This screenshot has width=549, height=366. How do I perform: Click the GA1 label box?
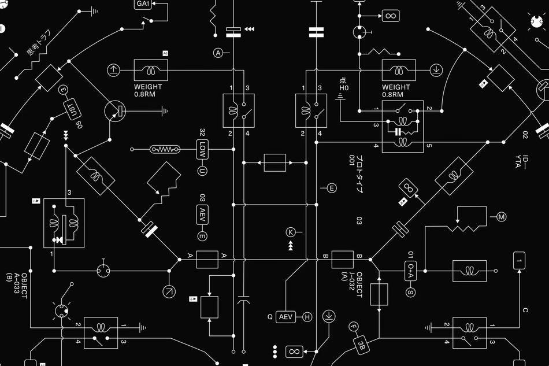pos(143,4)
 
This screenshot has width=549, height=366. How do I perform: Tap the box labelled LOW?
pos(202,150)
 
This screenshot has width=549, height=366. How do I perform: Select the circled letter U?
pos(202,171)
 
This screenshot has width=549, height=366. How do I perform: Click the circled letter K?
pos(291,232)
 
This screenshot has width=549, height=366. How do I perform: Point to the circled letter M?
pos(502,217)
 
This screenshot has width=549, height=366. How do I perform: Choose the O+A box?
pos(411,271)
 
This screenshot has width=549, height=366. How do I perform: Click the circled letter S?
pos(411,292)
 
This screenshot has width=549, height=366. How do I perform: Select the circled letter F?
pos(354,327)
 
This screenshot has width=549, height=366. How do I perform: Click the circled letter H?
pos(307,317)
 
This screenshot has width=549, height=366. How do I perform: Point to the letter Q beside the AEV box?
pos(269,317)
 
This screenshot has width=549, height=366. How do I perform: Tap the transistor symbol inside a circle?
pos(115,111)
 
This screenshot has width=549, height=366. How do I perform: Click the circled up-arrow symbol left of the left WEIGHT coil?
pos(113,70)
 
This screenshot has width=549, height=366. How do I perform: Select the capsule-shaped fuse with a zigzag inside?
pos(165,149)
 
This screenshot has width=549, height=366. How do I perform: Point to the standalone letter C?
pos(525,310)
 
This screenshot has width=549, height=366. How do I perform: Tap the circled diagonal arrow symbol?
pos(169,292)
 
